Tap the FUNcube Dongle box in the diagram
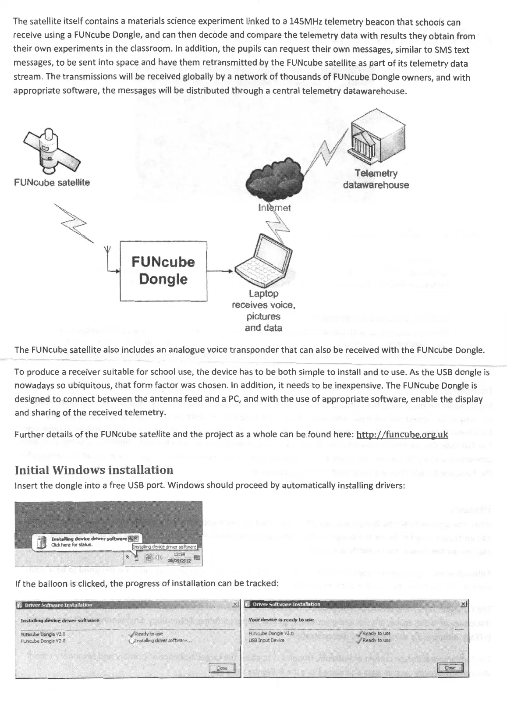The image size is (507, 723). coord(163,271)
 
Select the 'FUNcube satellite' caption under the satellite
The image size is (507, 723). coord(52,182)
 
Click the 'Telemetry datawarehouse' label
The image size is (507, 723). coord(376,179)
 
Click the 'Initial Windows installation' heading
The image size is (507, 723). coord(94,470)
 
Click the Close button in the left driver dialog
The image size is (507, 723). coord(222,668)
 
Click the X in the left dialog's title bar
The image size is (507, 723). coord(235,605)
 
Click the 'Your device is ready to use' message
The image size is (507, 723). coord(281,620)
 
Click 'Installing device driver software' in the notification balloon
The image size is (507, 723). coord(89,539)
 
